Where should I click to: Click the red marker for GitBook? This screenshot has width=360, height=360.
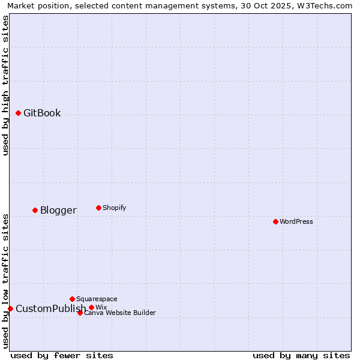pyautogui.click(x=18, y=113)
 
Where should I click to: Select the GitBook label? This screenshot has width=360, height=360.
pyautogui.click(x=42, y=113)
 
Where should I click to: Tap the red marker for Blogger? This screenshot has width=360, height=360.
pyautogui.click(x=35, y=210)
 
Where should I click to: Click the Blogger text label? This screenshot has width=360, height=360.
pyautogui.click(x=58, y=211)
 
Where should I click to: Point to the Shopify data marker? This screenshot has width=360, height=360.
pyautogui.click(x=98, y=208)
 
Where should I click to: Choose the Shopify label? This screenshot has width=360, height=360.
pyautogui.click(x=114, y=208)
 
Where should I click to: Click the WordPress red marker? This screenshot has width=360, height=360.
pyautogui.click(x=275, y=221)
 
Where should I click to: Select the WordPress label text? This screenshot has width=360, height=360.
pyautogui.click(x=296, y=222)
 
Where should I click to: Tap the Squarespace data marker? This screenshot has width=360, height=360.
pyautogui.click(x=72, y=299)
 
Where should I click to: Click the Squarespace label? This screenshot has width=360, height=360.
pyautogui.click(x=97, y=299)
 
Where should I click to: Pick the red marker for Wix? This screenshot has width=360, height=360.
pyautogui.click(x=91, y=307)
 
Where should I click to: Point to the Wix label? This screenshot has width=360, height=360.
pyautogui.click(x=101, y=307)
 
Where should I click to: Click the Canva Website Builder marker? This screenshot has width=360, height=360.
pyautogui.click(x=80, y=313)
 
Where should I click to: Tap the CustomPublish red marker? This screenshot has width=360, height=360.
pyautogui.click(x=10, y=308)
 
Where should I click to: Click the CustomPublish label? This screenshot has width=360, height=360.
pyautogui.click(x=50, y=309)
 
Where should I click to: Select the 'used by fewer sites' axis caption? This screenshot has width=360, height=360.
pyautogui.click(x=61, y=355)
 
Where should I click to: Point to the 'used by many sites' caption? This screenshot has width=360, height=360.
pyautogui.click(x=301, y=355)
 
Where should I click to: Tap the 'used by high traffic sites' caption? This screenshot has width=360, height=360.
pyautogui.click(x=6, y=86)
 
